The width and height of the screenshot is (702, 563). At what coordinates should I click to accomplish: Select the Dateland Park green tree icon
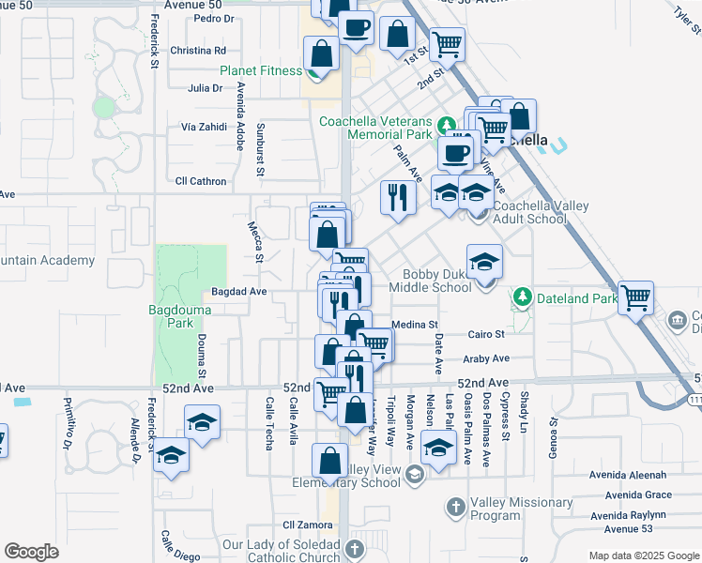click(522, 298)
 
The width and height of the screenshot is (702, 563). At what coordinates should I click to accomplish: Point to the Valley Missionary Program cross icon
click(455, 508)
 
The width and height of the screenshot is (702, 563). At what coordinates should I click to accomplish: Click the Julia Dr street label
click(205, 88)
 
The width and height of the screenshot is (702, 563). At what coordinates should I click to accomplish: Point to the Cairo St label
click(487, 334)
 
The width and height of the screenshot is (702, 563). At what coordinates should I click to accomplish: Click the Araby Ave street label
click(487, 358)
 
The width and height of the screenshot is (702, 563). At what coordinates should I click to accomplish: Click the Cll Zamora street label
click(302, 525)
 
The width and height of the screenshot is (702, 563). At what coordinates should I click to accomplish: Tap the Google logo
click(31, 552)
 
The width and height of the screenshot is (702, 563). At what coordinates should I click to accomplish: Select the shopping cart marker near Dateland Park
click(636, 298)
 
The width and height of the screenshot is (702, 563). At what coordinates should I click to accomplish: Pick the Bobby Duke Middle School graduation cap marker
click(484, 262)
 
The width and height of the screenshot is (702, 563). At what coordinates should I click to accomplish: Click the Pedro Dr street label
click(212, 18)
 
